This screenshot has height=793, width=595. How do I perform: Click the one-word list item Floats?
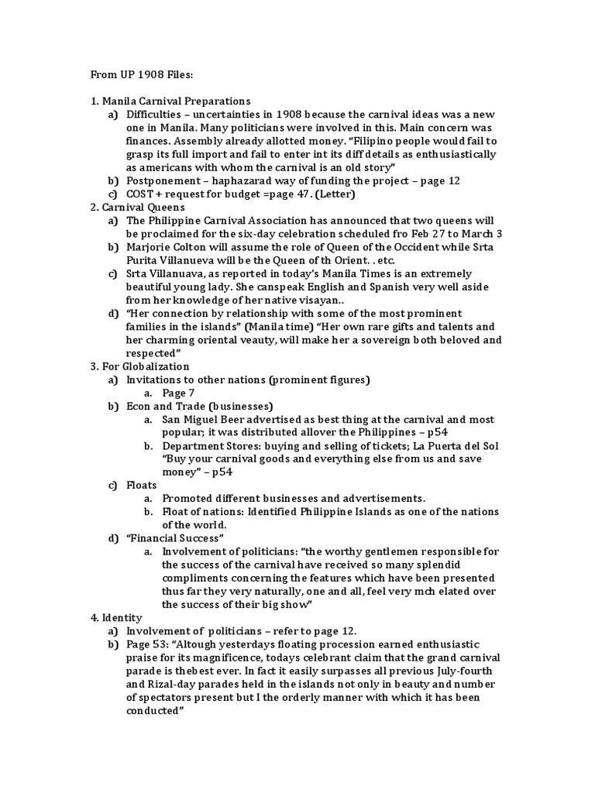coord(142,485)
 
